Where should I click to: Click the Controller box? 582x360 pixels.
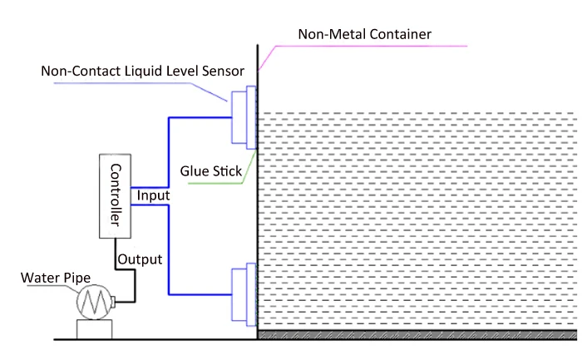pos(116,196)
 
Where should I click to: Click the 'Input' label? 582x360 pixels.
pos(154,196)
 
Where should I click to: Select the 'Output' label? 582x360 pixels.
pos(140,259)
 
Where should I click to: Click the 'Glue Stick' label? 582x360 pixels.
pos(211,171)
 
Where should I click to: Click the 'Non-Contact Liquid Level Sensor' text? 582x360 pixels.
pos(142,71)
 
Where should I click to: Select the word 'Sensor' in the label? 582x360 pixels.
pos(220,71)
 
